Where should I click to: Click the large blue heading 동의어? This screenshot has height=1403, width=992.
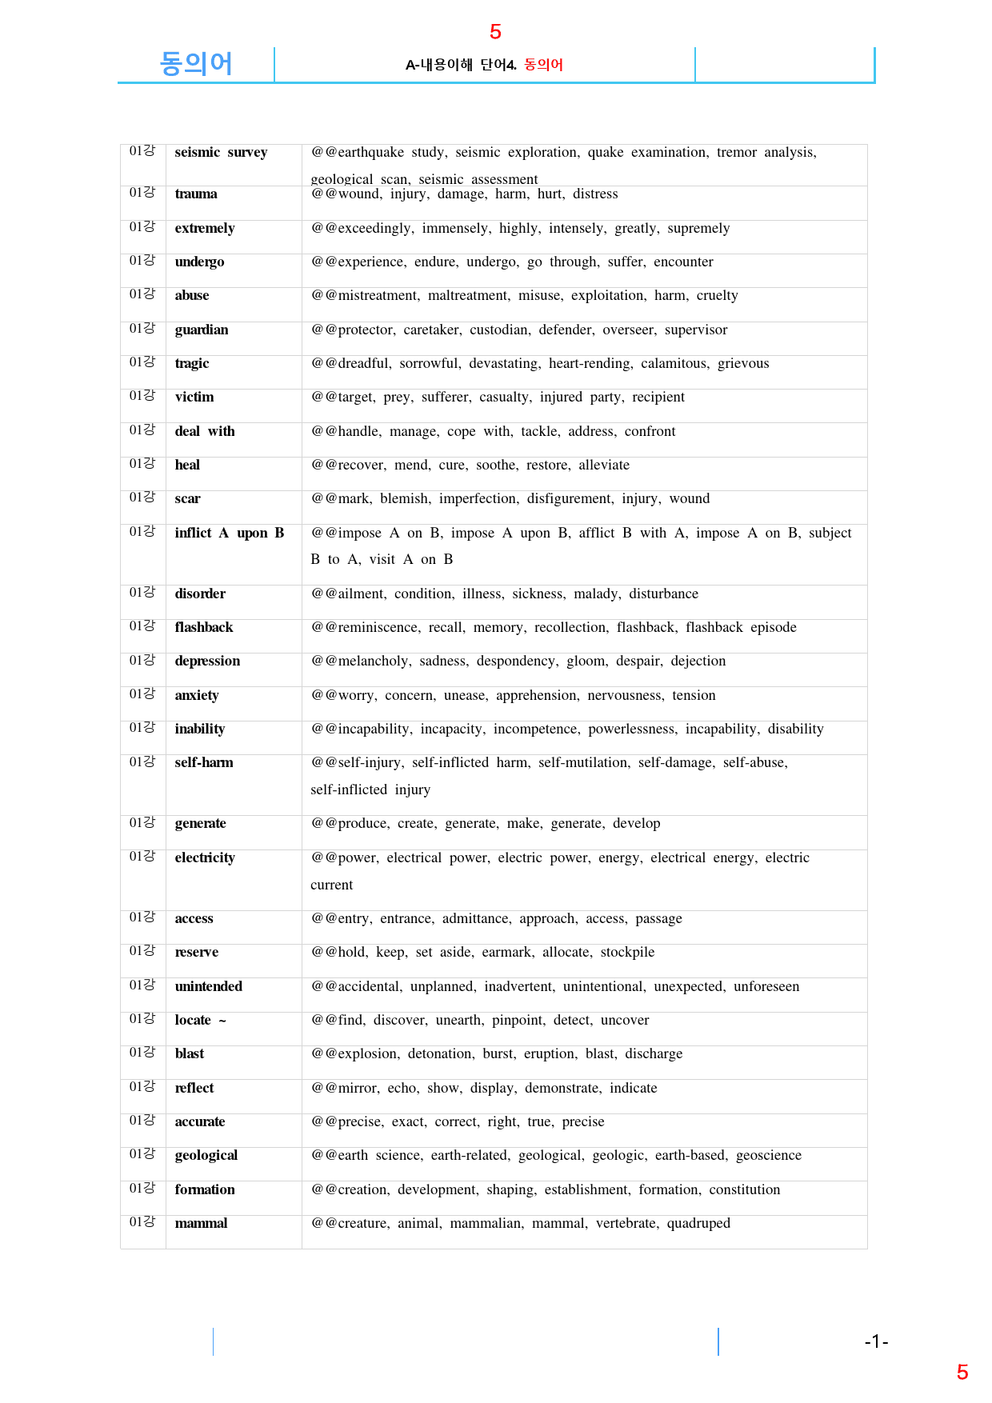[x=196, y=63]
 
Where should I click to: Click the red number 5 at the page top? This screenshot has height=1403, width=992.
[x=495, y=32]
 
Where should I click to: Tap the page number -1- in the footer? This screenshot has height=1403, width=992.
[x=876, y=1341]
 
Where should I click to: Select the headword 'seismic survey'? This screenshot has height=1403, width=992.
[x=221, y=152]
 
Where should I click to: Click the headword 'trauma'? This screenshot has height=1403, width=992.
[x=196, y=194]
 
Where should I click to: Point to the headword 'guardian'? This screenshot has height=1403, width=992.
[x=202, y=330]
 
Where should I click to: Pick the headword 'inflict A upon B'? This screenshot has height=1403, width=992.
[x=230, y=533]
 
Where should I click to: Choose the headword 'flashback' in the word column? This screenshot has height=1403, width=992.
[x=204, y=627]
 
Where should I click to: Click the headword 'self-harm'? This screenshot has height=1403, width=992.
[x=204, y=762]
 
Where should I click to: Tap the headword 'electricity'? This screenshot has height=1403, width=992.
[x=205, y=857]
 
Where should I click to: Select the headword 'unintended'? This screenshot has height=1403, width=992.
[x=209, y=986]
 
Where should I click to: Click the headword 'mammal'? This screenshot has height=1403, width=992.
[x=201, y=1223]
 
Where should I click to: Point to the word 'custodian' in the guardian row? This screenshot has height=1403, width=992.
[x=499, y=330]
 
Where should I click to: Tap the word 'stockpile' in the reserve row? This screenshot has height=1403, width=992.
[x=627, y=952]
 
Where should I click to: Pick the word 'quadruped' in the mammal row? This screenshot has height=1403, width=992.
[x=698, y=1223]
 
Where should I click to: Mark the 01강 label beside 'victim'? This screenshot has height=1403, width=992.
[x=142, y=396]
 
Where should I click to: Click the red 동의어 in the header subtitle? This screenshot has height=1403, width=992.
[x=544, y=65]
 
